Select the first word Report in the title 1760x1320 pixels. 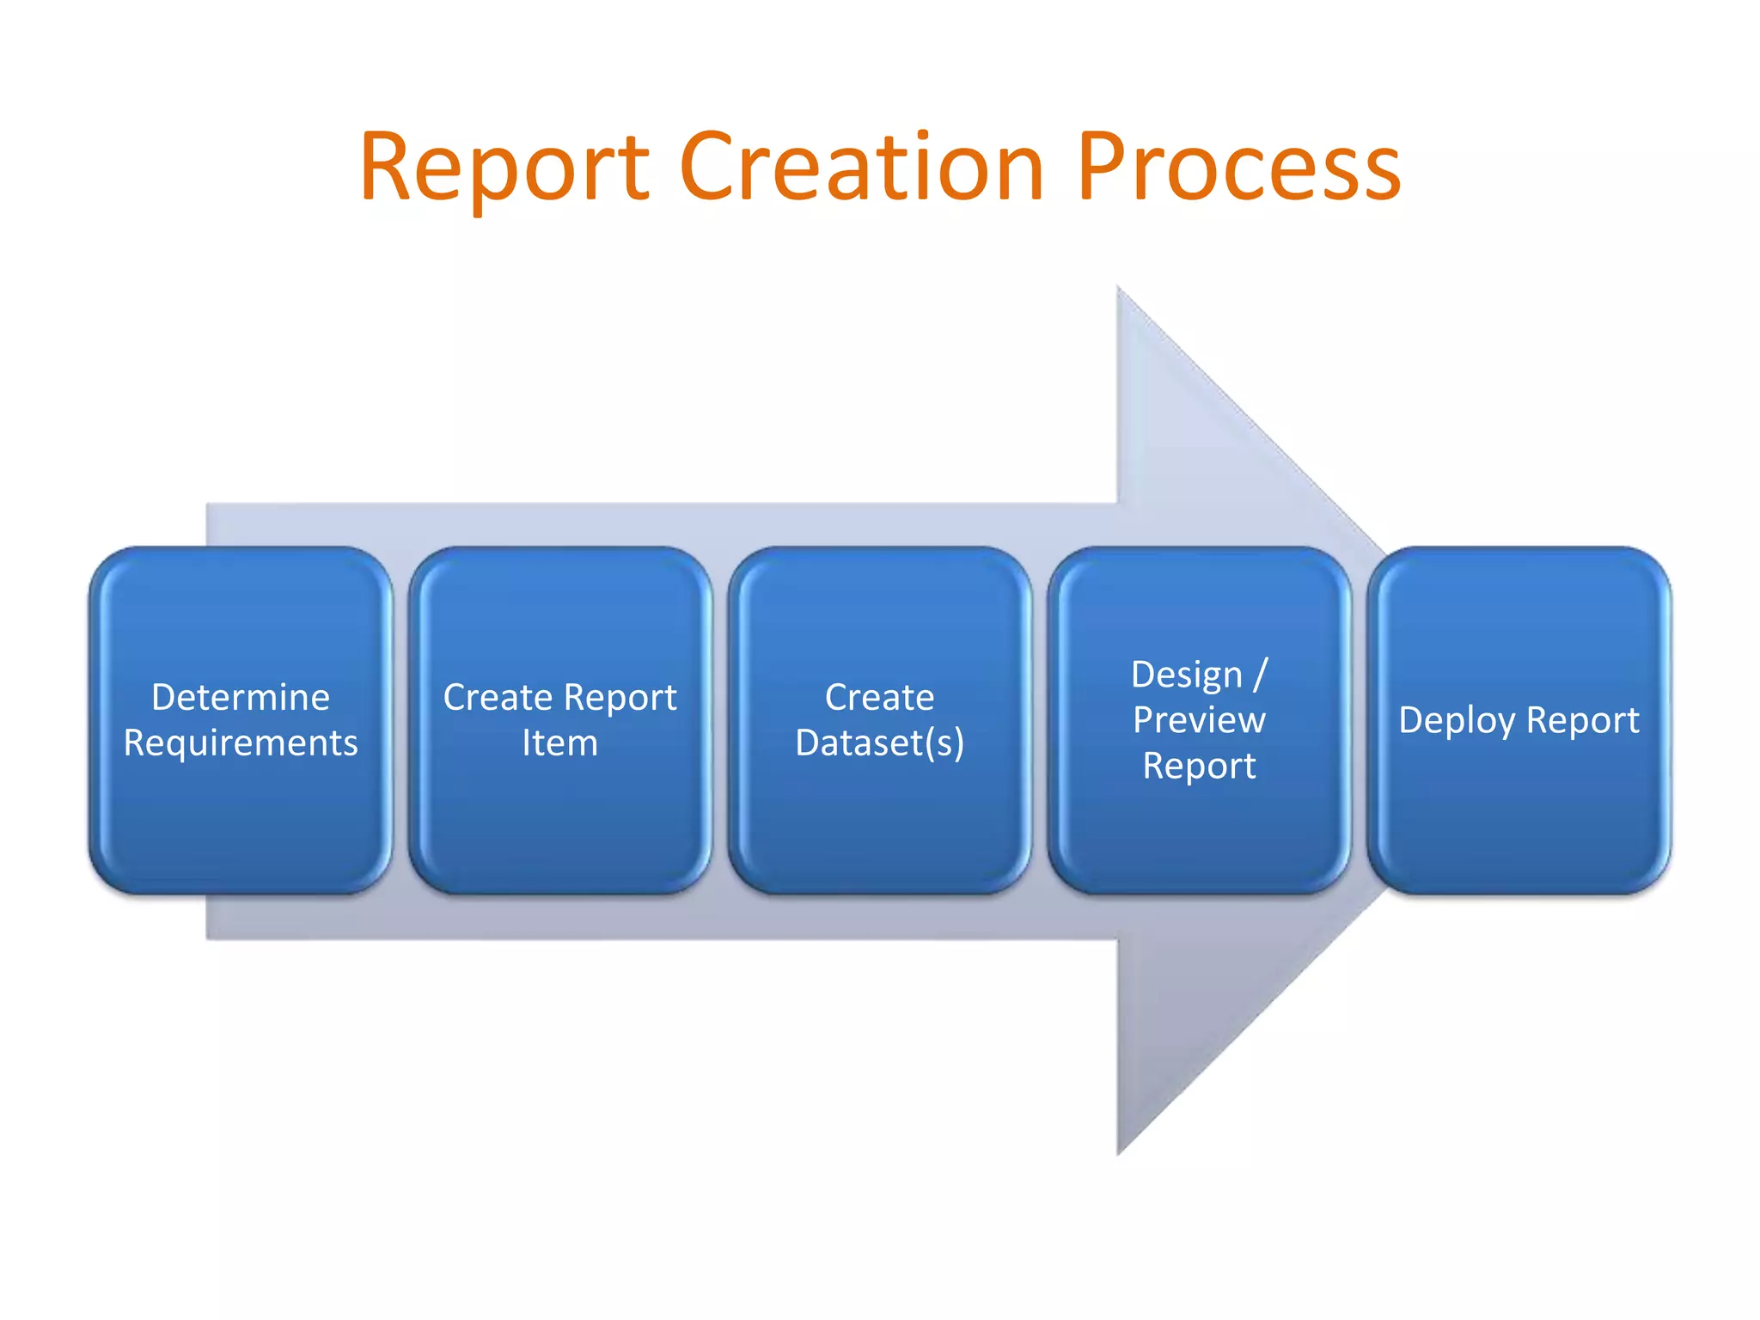504,168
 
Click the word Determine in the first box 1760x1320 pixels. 241,697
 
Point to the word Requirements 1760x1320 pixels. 241,743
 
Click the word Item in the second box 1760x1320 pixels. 559,743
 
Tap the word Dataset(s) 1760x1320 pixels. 879,743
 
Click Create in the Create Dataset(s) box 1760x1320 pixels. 879,697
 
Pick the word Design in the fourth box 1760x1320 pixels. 1187,675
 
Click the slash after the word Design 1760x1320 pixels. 1260,675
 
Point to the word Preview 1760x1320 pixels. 1199,720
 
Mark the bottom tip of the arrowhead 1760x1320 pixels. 1119,1152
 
